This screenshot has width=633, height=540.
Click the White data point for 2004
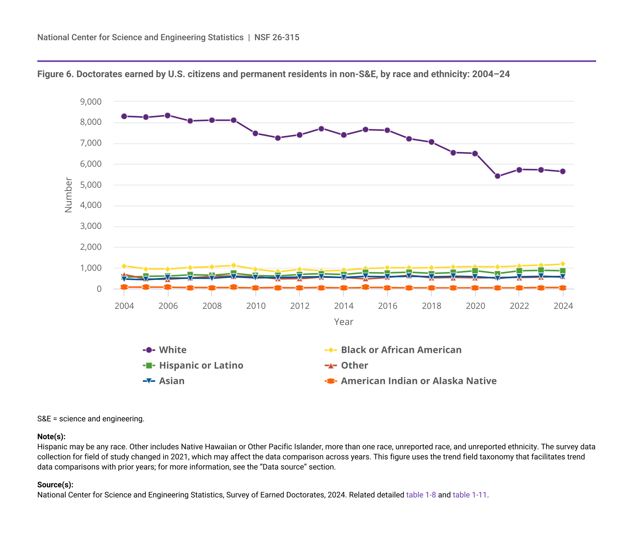click(x=124, y=116)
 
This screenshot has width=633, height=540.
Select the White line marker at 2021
click(x=497, y=176)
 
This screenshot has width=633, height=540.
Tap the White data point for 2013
click(x=321, y=129)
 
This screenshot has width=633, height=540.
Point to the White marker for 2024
click(x=563, y=171)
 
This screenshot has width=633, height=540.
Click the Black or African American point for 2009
click(x=234, y=265)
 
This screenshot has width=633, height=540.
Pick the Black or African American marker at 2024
click(x=563, y=264)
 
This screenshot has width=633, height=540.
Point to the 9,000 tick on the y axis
click(x=91, y=101)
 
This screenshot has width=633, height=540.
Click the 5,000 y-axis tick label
click(x=91, y=185)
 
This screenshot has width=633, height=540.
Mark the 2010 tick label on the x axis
click(x=256, y=306)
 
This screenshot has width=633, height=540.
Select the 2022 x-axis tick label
click(x=519, y=306)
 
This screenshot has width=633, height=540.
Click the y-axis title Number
click(x=69, y=195)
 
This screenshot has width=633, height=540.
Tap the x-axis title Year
click(x=344, y=322)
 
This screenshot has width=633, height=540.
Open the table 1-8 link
click(x=421, y=495)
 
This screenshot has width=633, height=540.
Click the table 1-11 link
click(x=469, y=495)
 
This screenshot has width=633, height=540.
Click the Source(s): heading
click(x=55, y=485)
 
